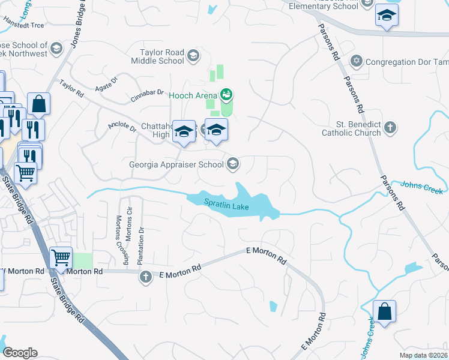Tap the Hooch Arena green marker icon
[226, 94]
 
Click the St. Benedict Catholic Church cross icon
[390, 127]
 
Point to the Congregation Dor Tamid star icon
[356, 62]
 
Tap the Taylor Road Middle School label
[161, 56]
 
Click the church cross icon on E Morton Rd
[145, 277]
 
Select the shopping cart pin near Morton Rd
[61, 258]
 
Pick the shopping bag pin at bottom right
[384, 312]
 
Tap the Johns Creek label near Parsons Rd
[421, 188]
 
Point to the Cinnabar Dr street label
[148, 95]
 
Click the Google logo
[20, 353]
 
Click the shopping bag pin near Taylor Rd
[38, 104]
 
